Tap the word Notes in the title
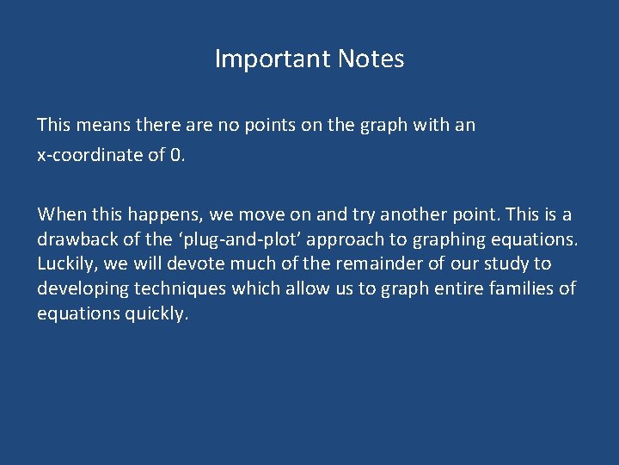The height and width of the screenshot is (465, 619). tap(371, 59)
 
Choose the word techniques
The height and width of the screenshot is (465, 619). tap(181, 288)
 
